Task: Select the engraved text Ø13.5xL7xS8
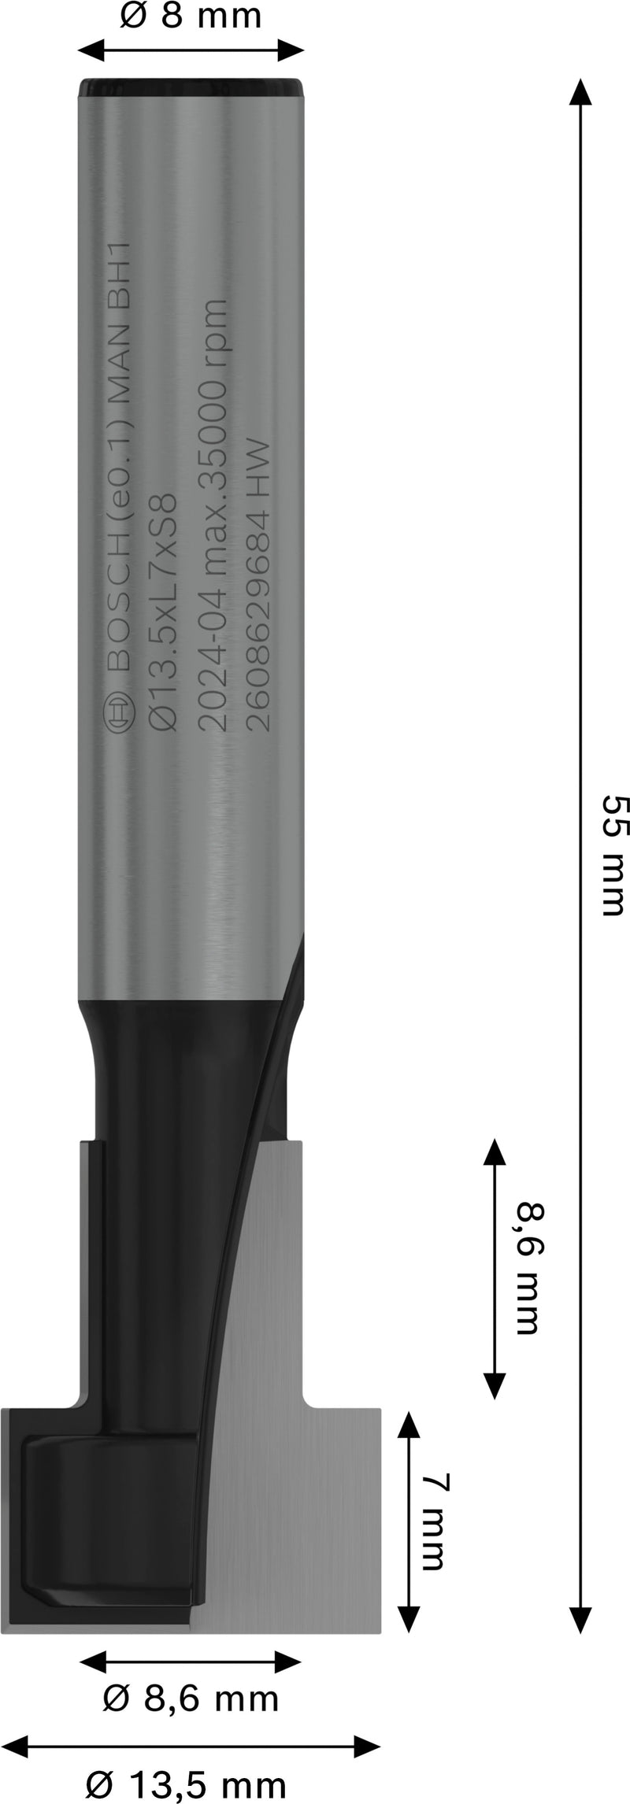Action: coord(161,614)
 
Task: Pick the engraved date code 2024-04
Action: coord(213,660)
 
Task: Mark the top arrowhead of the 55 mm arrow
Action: coord(580,91)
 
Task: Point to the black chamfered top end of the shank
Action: coord(191,87)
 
